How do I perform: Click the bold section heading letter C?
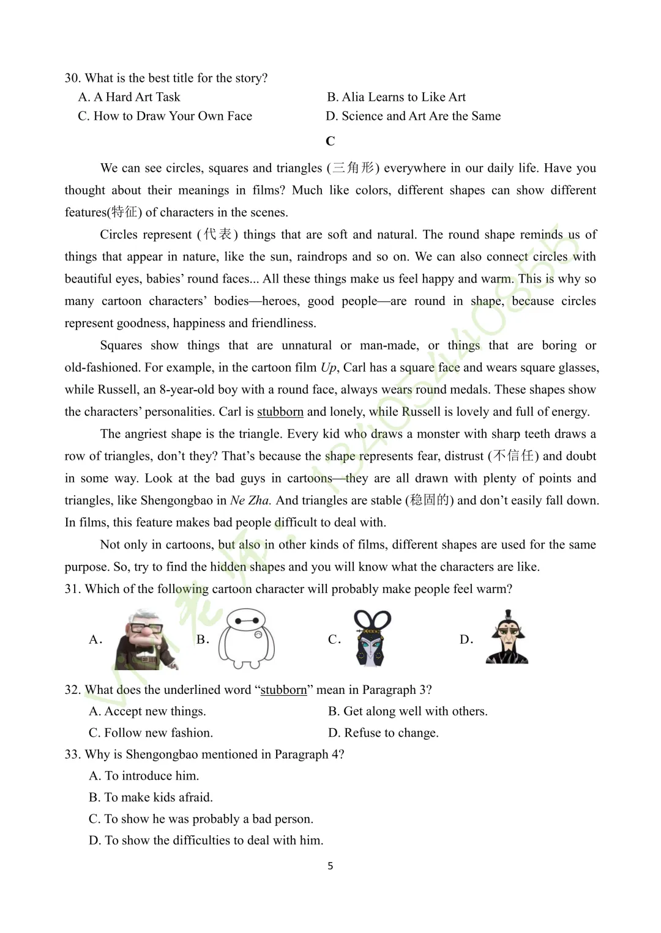coord(330,141)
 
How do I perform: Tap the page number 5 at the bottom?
coord(330,866)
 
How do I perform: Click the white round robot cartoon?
coord(247,640)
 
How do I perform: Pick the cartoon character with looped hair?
coord(372,638)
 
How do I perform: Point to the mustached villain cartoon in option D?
coord(507,638)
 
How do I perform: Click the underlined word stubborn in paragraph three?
coord(280,411)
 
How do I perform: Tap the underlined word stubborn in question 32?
coord(283,690)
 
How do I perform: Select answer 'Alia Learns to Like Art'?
coord(396,97)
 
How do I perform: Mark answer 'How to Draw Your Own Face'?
coord(165,116)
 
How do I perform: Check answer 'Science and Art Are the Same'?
coord(413,116)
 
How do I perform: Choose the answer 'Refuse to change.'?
coord(384,732)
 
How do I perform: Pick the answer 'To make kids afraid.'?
coord(151,797)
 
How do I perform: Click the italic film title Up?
coord(328,367)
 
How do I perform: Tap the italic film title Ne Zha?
coord(250,500)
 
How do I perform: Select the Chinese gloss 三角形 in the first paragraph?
coord(353,168)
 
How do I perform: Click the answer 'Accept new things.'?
coord(148,711)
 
